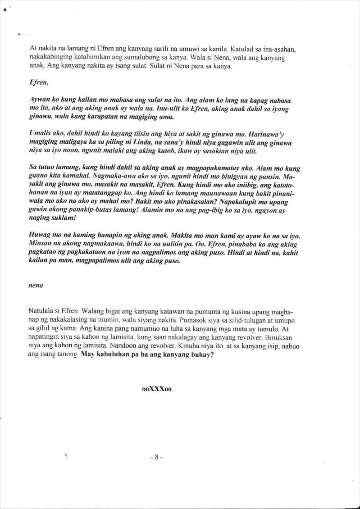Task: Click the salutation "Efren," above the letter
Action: coord(36,83)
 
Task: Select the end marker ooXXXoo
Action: coord(157,389)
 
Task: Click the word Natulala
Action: coord(42,311)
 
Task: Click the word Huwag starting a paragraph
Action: coord(40,236)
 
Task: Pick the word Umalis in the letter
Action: coord(39,135)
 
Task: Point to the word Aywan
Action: coord(39,100)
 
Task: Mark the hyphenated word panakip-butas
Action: coord(91,210)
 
